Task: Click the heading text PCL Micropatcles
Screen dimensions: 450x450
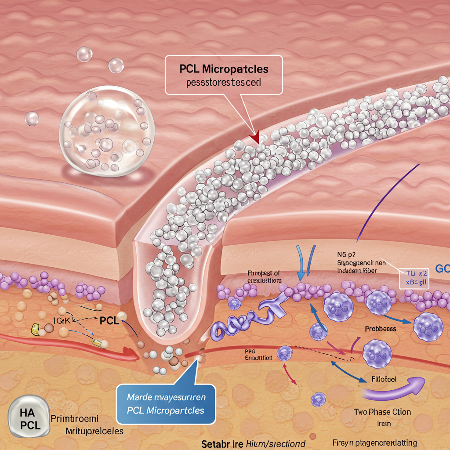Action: pos(224,69)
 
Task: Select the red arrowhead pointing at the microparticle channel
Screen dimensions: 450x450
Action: pos(254,138)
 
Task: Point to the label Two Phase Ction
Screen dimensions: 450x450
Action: pos(382,412)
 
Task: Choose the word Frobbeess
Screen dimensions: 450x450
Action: pos(380,329)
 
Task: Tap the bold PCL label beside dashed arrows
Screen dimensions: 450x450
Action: pos(109,320)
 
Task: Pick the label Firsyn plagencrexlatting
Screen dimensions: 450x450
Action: pos(374,443)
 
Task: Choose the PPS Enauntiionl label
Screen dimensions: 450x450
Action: pos(258,355)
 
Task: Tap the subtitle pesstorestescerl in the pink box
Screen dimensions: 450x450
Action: pos(223,83)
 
